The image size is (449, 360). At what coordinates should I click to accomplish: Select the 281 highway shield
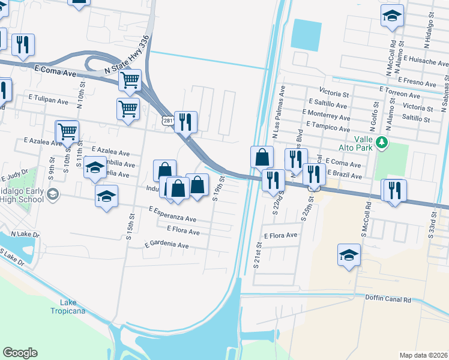tap(168, 121)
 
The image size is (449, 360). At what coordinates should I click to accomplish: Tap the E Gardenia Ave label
tap(166, 245)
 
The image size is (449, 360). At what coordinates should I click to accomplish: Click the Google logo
tap(20, 353)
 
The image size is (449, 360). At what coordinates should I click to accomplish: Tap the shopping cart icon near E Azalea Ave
tap(67, 131)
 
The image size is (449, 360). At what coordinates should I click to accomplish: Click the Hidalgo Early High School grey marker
tap(52, 193)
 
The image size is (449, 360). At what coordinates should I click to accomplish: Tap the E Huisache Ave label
tap(426, 62)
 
